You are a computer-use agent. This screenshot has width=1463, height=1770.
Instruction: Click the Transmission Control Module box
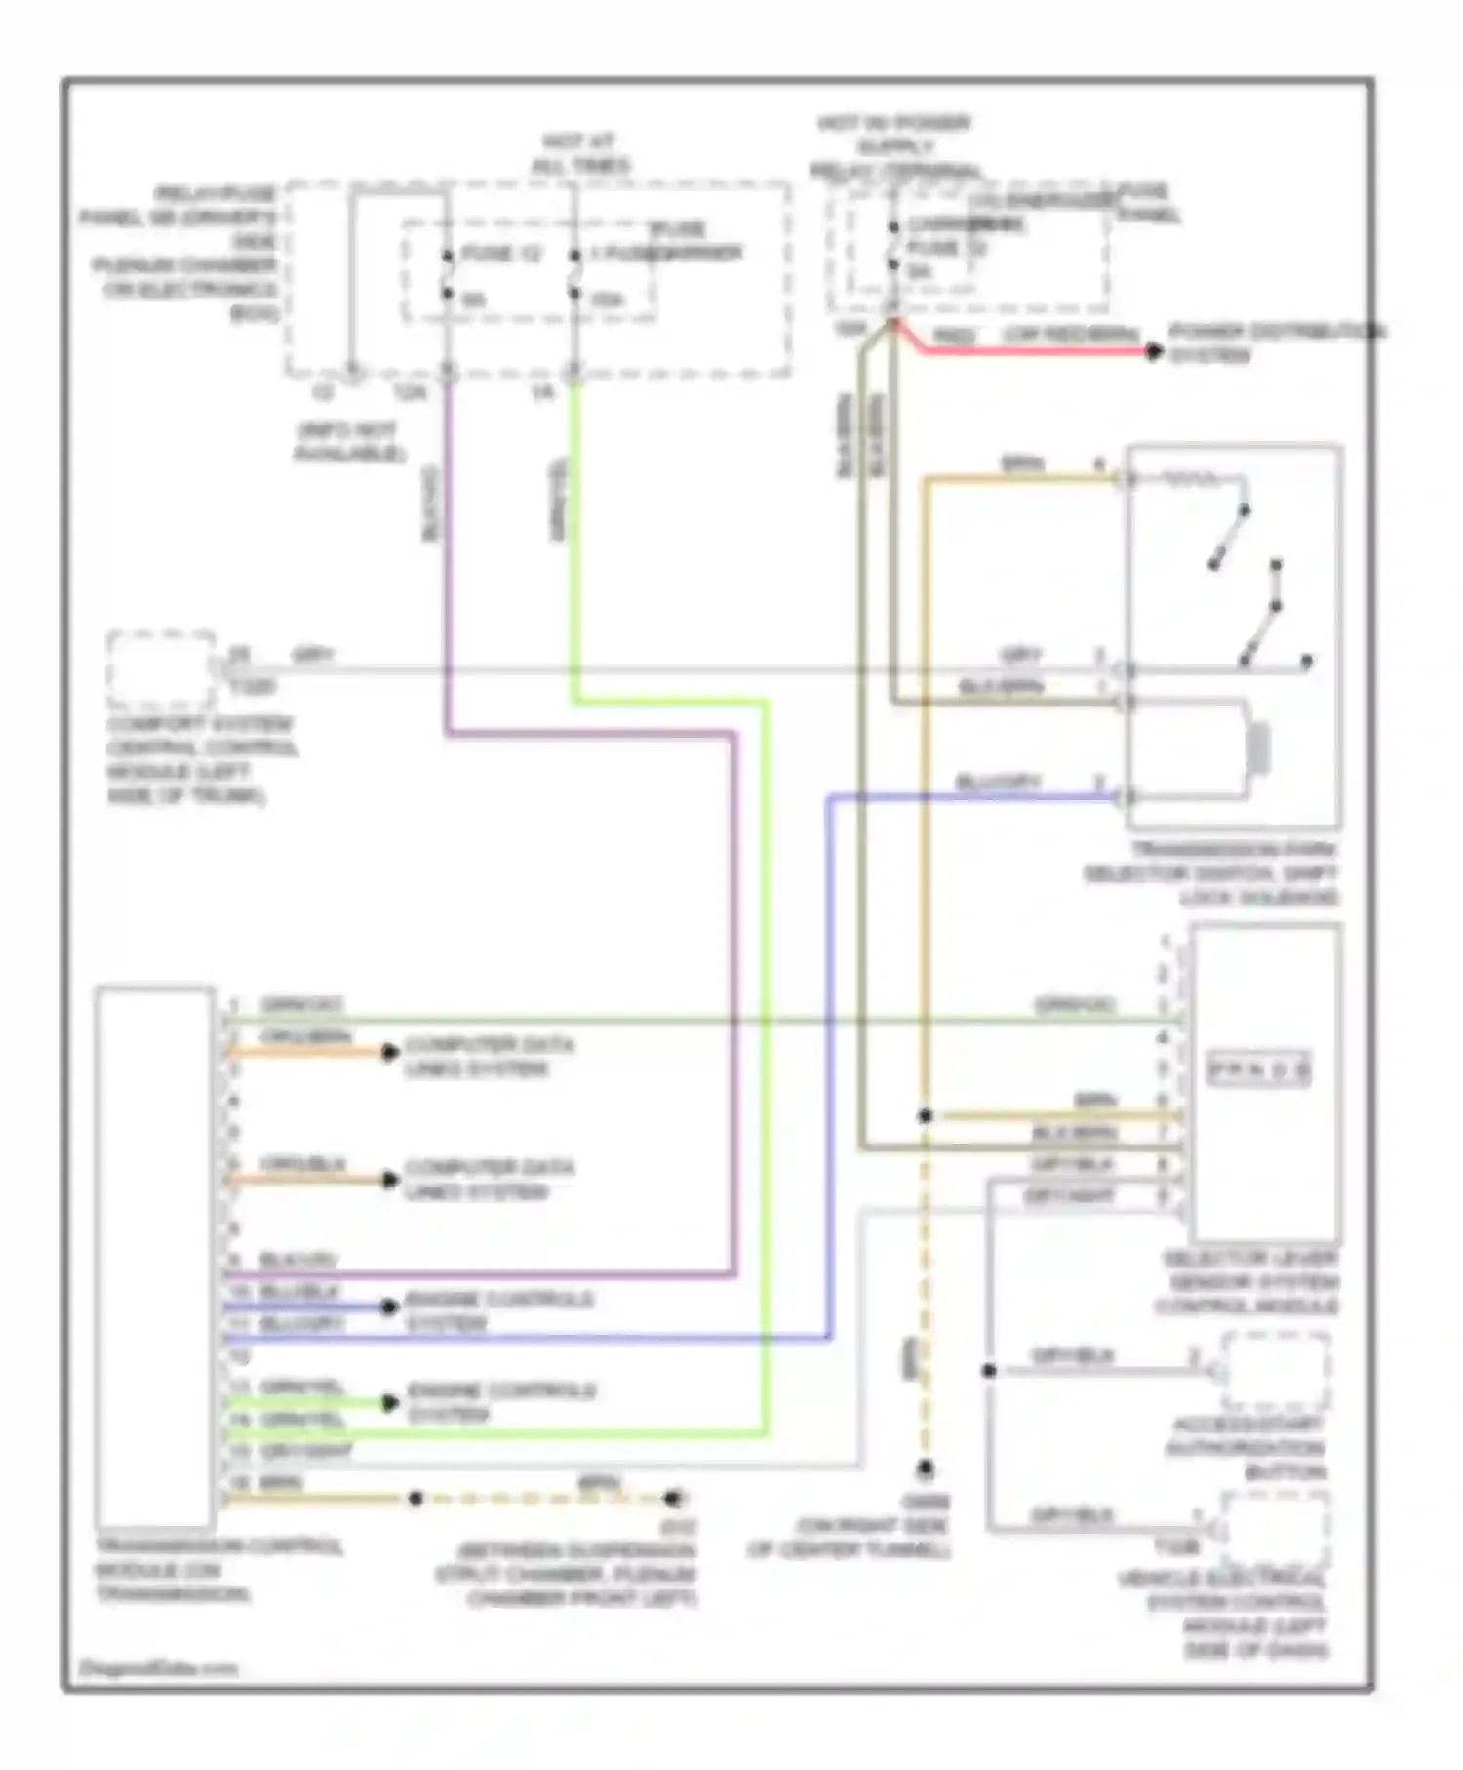155,1259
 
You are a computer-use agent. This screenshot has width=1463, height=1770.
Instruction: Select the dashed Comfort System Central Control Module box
161,670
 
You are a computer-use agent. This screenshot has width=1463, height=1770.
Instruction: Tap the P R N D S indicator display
1259,1069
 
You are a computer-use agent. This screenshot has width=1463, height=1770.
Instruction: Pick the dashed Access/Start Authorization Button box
1276,1372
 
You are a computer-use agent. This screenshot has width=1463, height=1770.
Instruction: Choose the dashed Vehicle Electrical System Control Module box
1276,1528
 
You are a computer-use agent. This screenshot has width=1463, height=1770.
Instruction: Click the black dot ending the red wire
1154,351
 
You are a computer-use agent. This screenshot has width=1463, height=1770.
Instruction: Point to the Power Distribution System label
1276,343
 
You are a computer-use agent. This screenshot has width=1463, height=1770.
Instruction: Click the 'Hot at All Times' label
580,154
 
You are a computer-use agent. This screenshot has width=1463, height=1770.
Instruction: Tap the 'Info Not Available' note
348,442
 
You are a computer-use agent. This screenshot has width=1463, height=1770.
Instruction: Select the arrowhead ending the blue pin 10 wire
389,1307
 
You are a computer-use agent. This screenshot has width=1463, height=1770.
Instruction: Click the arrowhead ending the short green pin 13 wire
389,1403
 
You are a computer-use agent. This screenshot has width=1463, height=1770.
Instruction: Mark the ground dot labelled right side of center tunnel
925,1468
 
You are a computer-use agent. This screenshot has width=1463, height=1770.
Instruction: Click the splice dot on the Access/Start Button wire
989,1371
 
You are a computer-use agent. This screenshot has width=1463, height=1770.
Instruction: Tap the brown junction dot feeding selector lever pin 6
925,1115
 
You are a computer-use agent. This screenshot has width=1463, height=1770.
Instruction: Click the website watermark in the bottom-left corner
157,1668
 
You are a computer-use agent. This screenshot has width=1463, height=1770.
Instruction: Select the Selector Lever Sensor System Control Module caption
1247,1282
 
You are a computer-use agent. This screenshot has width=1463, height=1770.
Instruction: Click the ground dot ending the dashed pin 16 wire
672,1497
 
